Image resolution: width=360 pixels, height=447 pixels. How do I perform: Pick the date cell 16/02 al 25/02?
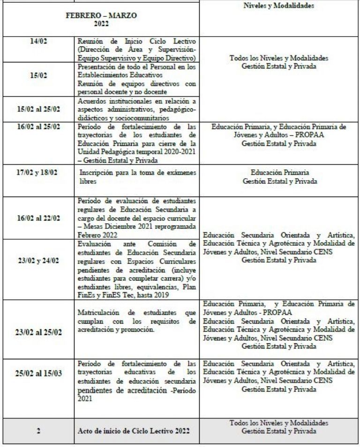coord(37,127)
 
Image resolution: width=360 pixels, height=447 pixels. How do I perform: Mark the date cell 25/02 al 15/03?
coord(37,378)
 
